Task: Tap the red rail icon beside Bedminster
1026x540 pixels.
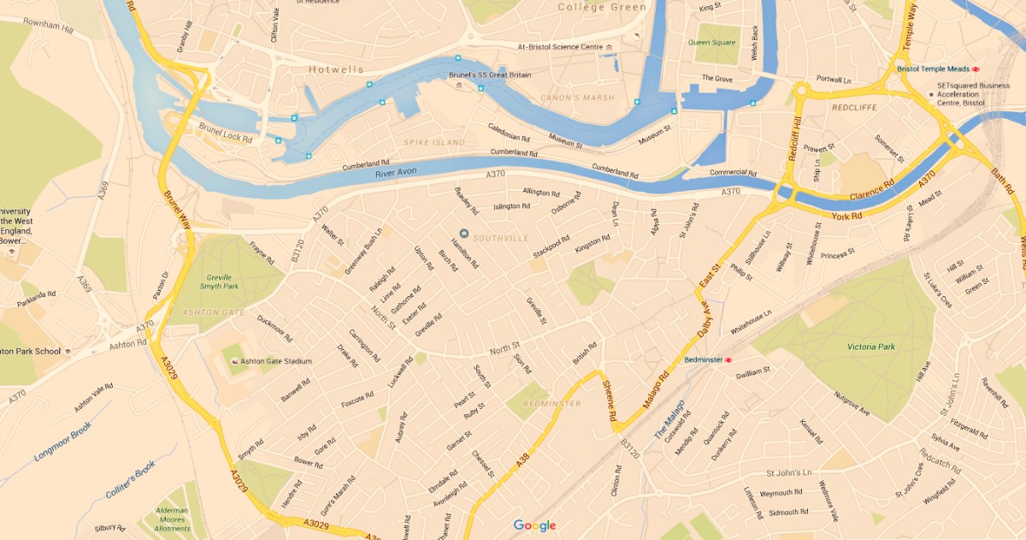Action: [729, 360]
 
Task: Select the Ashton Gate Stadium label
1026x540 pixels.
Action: [276, 361]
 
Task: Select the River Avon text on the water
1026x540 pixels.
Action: [396, 174]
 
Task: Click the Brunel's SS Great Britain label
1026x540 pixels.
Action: [489, 75]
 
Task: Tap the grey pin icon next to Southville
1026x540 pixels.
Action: [464, 234]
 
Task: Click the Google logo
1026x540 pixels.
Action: [534, 525]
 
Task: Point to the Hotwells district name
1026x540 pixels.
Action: [336, 69]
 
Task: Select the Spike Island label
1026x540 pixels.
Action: [434, 142]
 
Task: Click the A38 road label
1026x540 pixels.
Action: [522, 462]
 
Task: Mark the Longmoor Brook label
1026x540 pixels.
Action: [62, 444]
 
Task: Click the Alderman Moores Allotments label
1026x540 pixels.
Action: [172, 520]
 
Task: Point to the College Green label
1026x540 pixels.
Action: [601, 7]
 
